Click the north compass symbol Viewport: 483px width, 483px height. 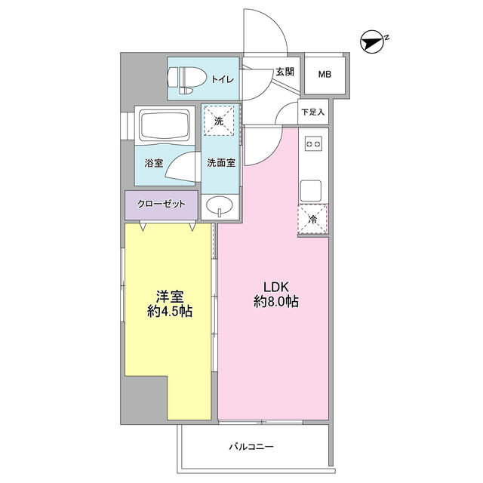[372, 42]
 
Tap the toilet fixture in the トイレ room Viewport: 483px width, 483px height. [186, 80]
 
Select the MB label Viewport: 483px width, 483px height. [325, 74]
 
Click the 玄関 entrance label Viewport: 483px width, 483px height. [285, 72]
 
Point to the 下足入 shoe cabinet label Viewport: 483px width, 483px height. [313, 112]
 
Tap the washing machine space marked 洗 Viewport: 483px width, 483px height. [219, 121]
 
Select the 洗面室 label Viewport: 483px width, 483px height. [221, 163]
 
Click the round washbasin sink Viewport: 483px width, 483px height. [219, 205]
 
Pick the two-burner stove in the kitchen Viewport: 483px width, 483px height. [313, 143]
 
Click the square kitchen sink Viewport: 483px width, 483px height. [311, 190]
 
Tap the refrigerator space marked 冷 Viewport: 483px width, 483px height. [312, 220]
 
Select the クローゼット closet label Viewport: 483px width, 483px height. [162, 204]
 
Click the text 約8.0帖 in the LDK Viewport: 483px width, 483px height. [276, 301]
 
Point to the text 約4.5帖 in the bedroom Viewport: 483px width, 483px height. [170, 312]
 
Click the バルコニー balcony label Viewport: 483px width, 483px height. [251, 446]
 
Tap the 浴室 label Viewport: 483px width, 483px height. [154, 163]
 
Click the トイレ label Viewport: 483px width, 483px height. [223, 79]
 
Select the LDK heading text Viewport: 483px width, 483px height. [276, 287]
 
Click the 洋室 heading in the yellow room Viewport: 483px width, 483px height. [170, 297]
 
